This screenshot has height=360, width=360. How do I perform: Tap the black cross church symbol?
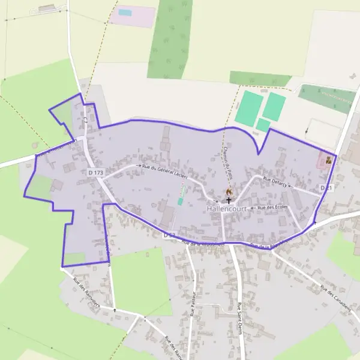229,200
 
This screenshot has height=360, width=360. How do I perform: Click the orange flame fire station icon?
228,191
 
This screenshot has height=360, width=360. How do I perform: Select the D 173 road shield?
95,173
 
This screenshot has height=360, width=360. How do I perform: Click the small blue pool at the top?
125,12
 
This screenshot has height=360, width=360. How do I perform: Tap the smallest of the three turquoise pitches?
263,125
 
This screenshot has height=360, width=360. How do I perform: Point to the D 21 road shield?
326,188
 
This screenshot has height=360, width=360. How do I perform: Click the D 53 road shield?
169,235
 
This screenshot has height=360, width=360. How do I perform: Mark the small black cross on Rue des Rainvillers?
115,310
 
